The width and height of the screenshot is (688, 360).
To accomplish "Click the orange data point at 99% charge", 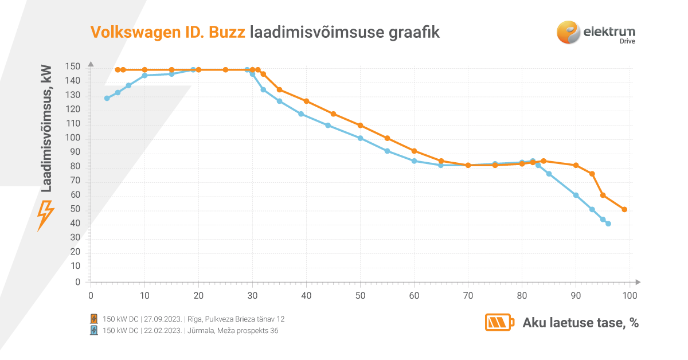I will point(624,209).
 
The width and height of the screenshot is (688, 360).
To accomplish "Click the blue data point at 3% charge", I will point(107,98).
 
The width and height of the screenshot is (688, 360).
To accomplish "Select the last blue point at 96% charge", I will point(608,224).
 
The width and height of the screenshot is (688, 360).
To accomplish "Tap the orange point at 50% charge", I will point(360,125).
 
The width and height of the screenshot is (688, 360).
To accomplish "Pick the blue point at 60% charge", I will point(414,161).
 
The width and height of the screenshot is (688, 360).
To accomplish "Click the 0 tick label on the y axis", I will point(78,282).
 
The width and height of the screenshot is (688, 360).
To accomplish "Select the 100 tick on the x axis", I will point(630,296).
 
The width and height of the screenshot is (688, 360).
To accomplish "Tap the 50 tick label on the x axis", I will point(360,296).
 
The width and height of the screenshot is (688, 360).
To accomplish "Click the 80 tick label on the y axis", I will point(76,167).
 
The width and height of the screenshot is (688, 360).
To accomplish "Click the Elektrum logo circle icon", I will point(568,32).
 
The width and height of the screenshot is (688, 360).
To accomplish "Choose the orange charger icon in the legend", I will point(94,319).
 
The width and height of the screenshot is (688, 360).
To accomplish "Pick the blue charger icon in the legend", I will point(94,330).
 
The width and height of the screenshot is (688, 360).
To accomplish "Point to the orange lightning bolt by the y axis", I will point(45,215).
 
